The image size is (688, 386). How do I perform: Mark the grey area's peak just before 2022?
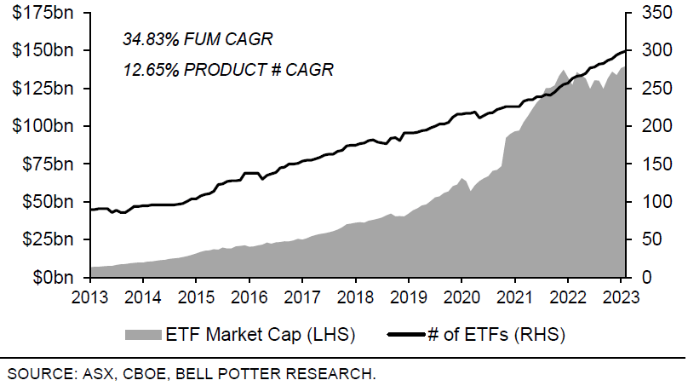tap(564, 70)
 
